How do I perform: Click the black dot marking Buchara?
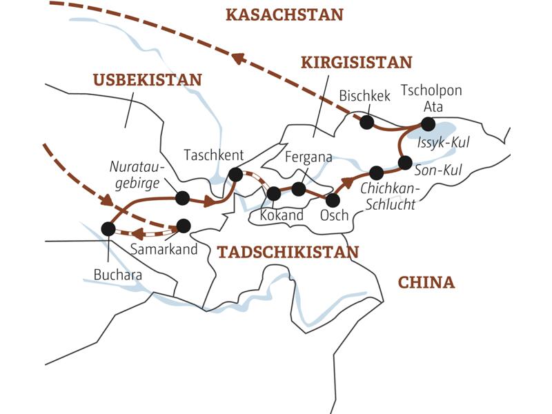pyautogui.click(x=108, y=228)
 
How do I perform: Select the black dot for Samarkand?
pyautogui.click(x=184, y=225)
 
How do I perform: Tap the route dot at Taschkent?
pyautogui.click(x=235, y=175)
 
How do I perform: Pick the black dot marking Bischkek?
pyautogui.click(x=367, y=122)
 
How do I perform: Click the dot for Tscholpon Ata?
pyautogui.click(x=428, y=124)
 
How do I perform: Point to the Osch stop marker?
pyautogui.click(x=333, y=200)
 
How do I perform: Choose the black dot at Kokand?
pyautogui.click(x=274, y=193)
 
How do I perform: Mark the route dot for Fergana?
pyautogui.click(x=299, y=188)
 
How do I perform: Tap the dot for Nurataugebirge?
pyautogui.click(x=182, y=198)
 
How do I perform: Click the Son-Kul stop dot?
pyautogui.click(x=405, y=163)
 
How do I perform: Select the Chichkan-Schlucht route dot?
pyautogui.click(x=376, y=172)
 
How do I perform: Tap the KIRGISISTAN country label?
pyautogui.click(x=356, y=63)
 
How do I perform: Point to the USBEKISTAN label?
pyautogui.click(x=148, y=80)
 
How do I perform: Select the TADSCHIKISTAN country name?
pyautogui.click(x=288, y=252)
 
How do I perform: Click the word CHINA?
pyautogui.click(x=426, y=282)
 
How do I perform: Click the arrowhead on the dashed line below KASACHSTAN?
pyautogui.click(x=238, y=59)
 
